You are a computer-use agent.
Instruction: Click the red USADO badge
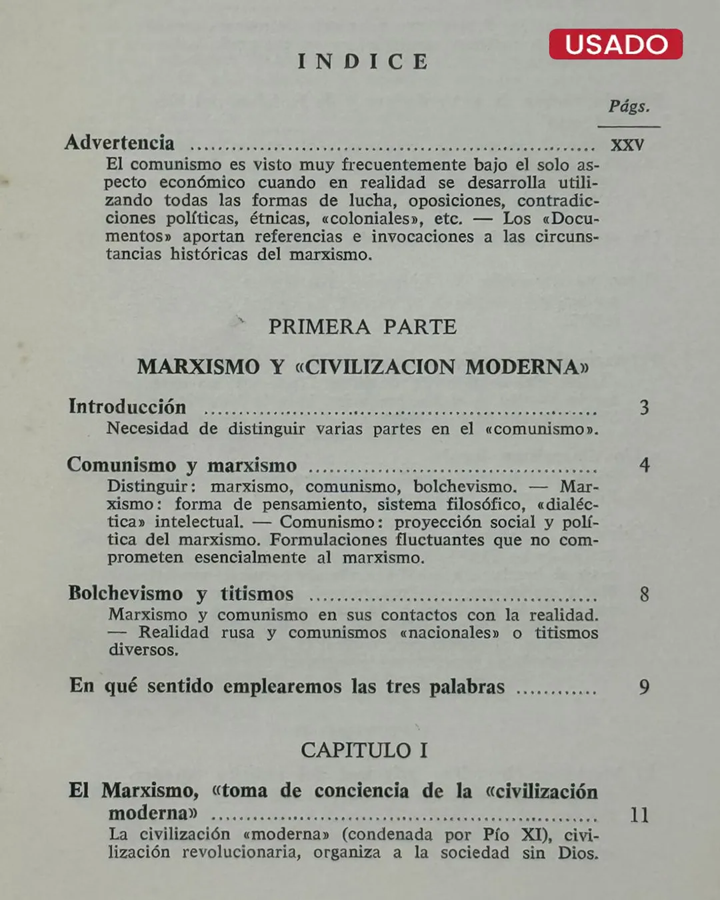(615, 44)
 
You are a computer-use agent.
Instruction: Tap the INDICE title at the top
(363, 62)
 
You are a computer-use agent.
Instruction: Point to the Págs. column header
(629, 107)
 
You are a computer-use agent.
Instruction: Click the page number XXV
(627, 145)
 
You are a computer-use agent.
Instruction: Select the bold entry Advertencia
(120, 143)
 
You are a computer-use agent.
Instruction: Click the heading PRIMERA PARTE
(363, 327)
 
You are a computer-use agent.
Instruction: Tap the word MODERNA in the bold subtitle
(526, 367)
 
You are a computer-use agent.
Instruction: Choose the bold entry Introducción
(127, 407)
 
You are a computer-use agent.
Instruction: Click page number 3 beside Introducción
(644, 407)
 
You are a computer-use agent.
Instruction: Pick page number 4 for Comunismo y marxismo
(644, 465)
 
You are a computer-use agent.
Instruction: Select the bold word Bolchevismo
(125, 593)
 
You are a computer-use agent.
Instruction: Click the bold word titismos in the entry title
(257, 594)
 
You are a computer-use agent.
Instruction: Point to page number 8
(644, 594)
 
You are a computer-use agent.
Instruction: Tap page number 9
(644, 687)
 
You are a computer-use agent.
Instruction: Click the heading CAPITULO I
(364, 751)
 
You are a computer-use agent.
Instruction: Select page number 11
(639, 815)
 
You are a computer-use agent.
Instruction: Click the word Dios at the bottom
(578, 853)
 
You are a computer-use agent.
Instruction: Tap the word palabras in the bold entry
(467, 687)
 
